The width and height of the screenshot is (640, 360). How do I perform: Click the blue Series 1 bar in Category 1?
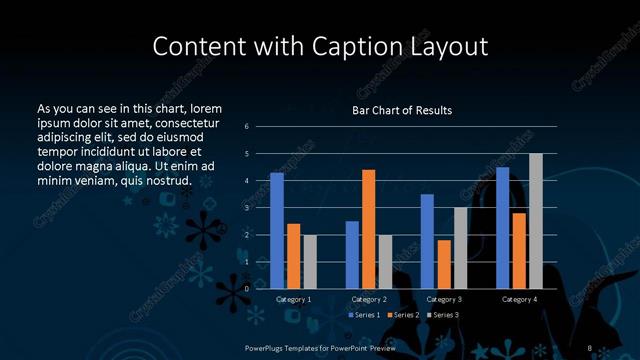(277, 231)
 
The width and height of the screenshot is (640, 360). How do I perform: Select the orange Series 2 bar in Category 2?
(368, 229)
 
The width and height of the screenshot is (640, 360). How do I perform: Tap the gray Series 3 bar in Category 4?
(536, 221)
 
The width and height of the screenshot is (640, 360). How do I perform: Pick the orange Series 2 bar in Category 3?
(443, 264)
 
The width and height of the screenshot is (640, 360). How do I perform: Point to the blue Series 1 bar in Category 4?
(503, 228)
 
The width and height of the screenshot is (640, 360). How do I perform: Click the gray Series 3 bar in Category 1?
(310, 262)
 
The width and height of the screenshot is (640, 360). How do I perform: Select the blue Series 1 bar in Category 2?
(352, 255)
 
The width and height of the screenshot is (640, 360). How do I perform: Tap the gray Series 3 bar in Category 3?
(460, 248)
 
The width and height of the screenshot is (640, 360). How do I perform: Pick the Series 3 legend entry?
(445, 315)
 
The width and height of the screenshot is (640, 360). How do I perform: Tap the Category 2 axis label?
(369, 299)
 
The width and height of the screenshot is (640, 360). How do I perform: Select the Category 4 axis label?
(519, 299)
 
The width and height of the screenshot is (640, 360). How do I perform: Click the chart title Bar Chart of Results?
(402, 110)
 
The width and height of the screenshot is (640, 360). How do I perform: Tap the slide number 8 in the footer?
(590, 346)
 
